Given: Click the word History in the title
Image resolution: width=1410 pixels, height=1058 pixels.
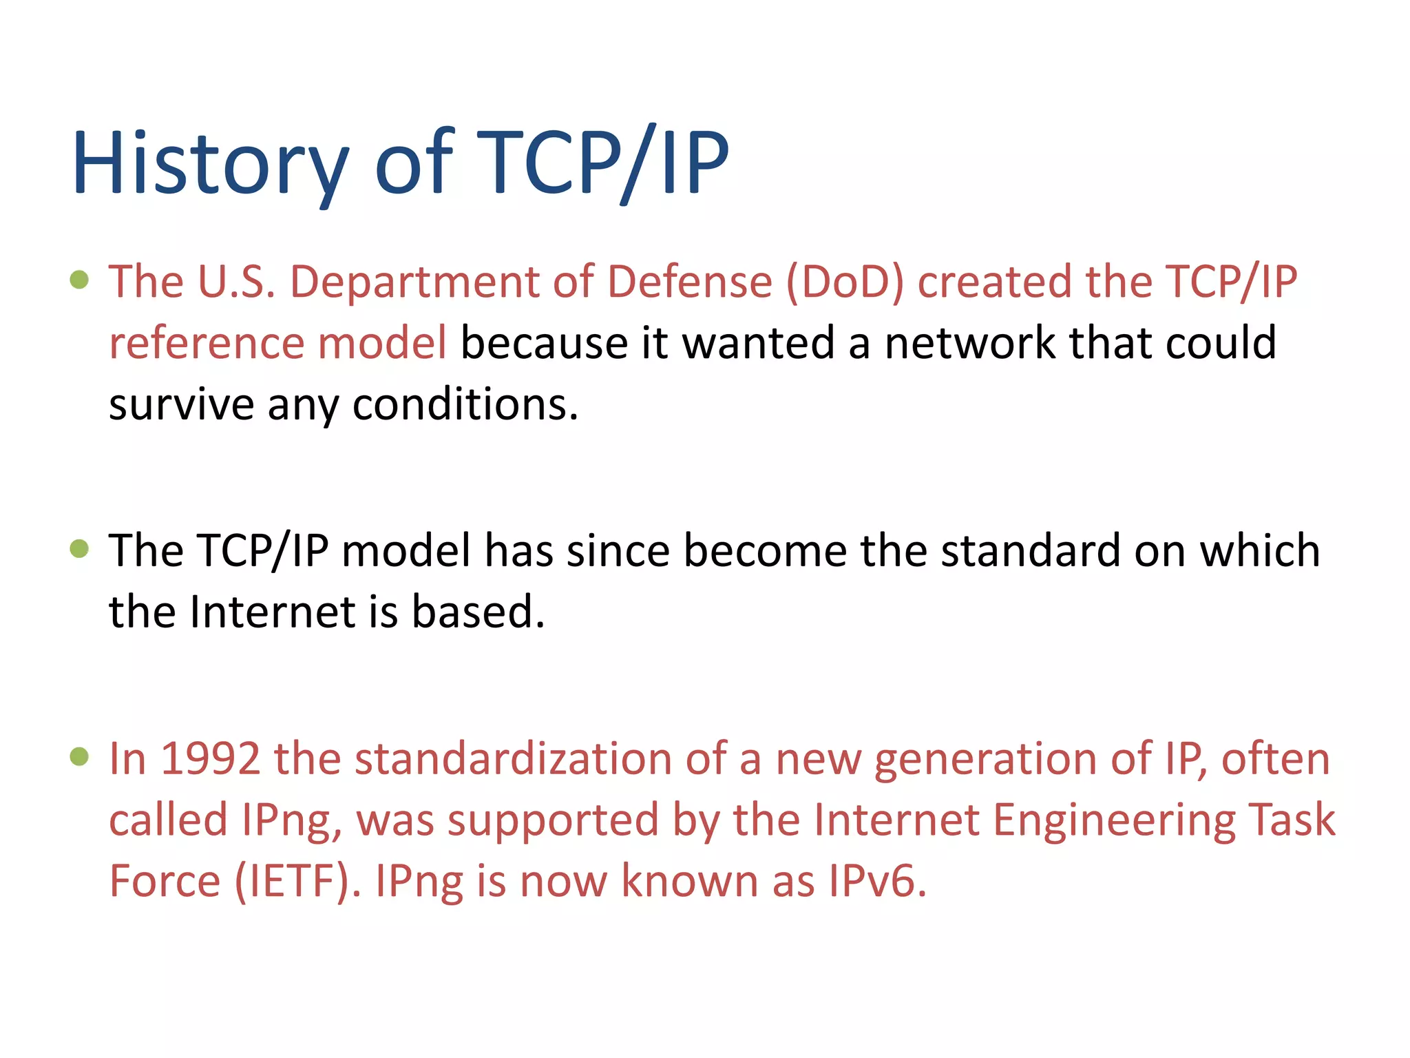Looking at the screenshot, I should [x=210, y=164].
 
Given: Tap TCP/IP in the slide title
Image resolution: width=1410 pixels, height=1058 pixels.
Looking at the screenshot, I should [x=602, y=164].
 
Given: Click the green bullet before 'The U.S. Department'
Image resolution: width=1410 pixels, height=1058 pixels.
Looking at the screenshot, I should [x=80, y=280].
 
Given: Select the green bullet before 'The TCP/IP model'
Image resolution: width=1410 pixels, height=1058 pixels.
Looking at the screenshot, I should [x=80, y=548].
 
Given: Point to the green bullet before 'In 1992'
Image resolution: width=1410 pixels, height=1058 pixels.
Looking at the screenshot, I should [x=80, y=756].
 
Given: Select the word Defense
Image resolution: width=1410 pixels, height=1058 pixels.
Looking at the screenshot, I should [x=690, y=282].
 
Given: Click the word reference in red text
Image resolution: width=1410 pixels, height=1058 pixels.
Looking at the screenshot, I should [x=206, y=343].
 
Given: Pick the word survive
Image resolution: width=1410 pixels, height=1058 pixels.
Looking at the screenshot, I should [x=181, y=404].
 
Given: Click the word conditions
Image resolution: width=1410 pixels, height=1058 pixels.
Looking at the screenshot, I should [x=465, y=404].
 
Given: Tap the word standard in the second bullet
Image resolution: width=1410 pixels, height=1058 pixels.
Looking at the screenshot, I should [x=1030, y=551].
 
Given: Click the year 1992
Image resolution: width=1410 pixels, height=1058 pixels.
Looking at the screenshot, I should [x=210, y=759].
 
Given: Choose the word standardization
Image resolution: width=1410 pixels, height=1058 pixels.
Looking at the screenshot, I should [x=512, y=759].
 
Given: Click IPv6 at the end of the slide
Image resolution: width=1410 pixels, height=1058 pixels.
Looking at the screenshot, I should [x=876, y=882].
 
